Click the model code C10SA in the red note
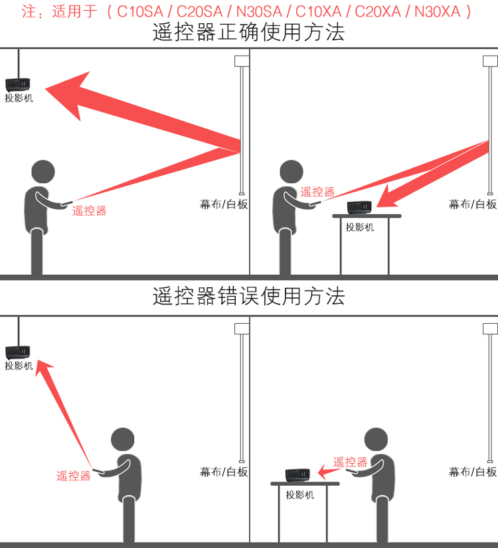(140, 11)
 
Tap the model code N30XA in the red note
(437, 11)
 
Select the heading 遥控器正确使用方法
(248, 32)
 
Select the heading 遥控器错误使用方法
(248, 296)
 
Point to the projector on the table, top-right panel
(359, 207)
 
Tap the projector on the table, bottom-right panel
(297, 475)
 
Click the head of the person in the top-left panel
(43, 172)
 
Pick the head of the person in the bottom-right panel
(376, 439)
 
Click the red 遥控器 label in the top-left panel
(89, 211)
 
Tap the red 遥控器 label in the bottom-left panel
(74, 476)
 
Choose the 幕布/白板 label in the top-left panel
(224, 204)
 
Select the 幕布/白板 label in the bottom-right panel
(473, 472)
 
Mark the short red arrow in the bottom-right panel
(329, 472)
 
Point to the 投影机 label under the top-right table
(360, 227)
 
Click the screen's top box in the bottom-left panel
(242, 329)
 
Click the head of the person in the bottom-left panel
(122, 439)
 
